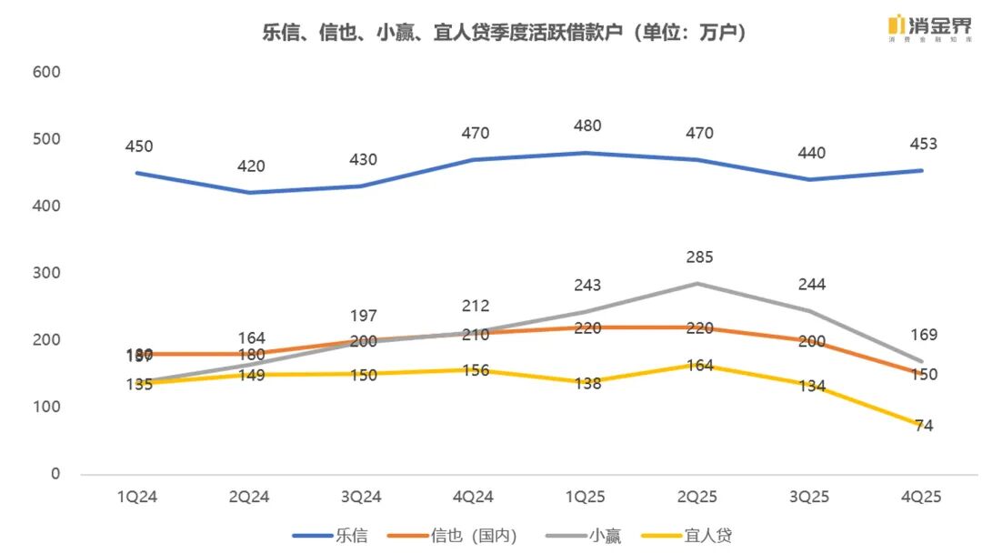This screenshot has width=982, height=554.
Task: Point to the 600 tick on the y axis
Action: click(x=46, y=72)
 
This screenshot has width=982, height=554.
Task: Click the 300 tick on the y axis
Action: click(x=46, y=273)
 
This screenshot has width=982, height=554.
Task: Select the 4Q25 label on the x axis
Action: click(x=921, y=497)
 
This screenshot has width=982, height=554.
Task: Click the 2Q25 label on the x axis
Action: click(x=697, y=497)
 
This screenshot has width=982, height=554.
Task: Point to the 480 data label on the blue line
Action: click(x=586, y=126)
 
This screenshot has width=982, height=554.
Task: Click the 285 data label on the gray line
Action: click(x=698, y=257)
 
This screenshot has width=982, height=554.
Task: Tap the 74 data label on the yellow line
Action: click(x=925, y=426)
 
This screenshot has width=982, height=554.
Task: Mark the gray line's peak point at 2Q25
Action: click(x=697, y=283)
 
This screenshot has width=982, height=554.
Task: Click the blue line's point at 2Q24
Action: click(x=250, y=192)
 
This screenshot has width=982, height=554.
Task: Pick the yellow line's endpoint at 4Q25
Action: click(x=921, y=425)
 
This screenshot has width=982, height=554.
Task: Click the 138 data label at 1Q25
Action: click(x=586, y=383)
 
